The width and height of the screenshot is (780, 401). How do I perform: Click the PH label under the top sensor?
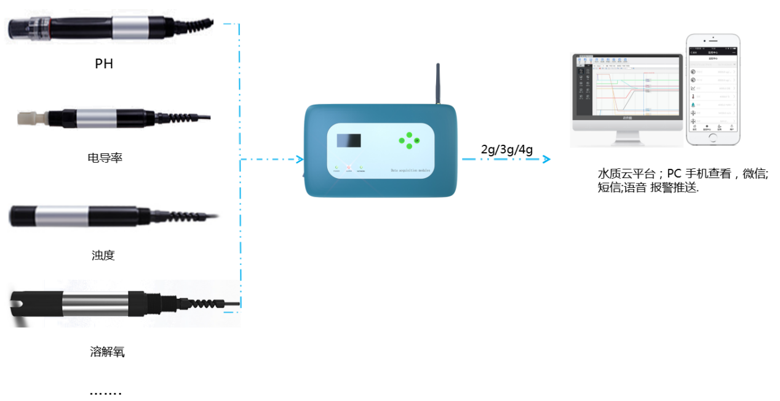pyautogui.click(x=104, y=63)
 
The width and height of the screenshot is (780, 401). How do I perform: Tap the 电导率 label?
pyautogui.click(x=105, y=158)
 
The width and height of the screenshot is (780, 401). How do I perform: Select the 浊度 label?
pyautogui.click(x=103, y=255)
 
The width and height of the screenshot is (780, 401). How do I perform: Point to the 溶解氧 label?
pyautogui.click(x=107, y=352)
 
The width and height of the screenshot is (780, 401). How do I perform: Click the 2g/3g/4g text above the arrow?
pyautogui.click(x=507, y=148)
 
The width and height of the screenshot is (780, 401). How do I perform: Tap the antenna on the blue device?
pyautogui.click(x=437, y=83)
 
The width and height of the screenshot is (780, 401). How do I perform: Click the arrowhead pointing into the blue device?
pyautogui.click(x=300, y=160)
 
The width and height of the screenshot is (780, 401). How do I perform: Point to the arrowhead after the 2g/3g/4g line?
pyautogui.click(x=546, y=160)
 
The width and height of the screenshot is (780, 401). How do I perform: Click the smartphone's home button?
pyautogui.click(x=713, y=138)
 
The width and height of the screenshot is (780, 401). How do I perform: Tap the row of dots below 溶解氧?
pyautogui.click(x=105, y=392)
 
